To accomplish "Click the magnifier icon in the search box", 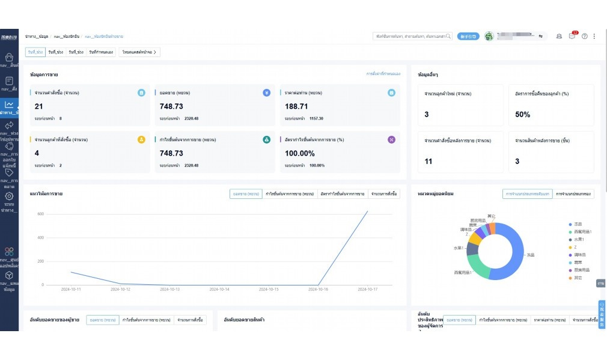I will (x=449, y=37).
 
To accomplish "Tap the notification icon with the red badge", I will (x=572, y=36).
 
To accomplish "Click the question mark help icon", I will (x=584, y=37).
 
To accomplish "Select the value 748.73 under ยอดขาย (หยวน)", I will (x=171, y=106).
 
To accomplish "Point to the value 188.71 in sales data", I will (x=296, y=106).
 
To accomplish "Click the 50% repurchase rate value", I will (x=522, y=114).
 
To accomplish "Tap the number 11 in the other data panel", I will (x=428, y=161).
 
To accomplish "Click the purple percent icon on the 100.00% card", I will (x=391, y=139).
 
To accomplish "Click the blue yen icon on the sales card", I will (x=266, y=93).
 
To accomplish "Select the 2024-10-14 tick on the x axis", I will (x=219, y=289).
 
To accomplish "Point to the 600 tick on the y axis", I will (x=41, y=214).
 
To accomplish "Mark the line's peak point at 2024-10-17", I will (x=368, y=211).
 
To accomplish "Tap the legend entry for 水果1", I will (x=579, y=239).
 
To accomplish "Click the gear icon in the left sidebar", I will (x=9, y=196).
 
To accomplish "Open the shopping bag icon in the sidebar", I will (x=9, y=57).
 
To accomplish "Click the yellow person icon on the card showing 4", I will (x=141, y=139).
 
